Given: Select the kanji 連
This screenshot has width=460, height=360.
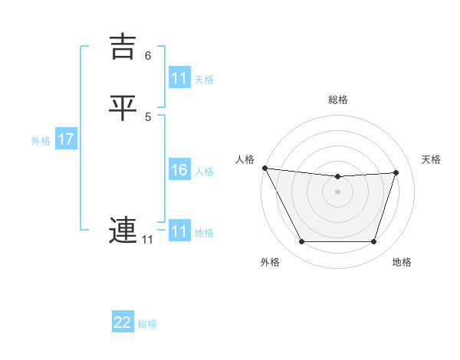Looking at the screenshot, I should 123,230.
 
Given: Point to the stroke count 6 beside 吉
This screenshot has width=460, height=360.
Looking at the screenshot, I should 148,56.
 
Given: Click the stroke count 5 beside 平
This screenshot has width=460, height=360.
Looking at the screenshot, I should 148,117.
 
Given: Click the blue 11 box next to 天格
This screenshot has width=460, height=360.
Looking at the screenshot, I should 179,78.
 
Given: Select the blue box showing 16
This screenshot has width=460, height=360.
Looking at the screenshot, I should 179,170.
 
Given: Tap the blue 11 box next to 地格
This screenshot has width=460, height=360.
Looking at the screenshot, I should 179,231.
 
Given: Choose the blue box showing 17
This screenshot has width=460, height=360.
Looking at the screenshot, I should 66,140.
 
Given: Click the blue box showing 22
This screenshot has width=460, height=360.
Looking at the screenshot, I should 123,322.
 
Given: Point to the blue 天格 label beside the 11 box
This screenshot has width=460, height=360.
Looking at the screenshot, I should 204,79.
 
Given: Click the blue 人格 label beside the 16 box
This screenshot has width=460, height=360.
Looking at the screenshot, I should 204,171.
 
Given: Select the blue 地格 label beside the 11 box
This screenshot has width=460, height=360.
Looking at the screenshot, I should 204,232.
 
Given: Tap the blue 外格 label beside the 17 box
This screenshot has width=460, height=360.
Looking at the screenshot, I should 41,141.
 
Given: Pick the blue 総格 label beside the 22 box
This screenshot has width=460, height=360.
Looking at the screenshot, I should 147,323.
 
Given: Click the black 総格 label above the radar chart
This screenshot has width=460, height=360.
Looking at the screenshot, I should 338,100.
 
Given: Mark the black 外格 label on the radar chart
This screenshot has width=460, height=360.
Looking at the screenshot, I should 270,263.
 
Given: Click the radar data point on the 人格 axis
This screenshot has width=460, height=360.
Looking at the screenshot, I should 264,168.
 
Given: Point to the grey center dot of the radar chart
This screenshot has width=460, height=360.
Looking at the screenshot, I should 338,191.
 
